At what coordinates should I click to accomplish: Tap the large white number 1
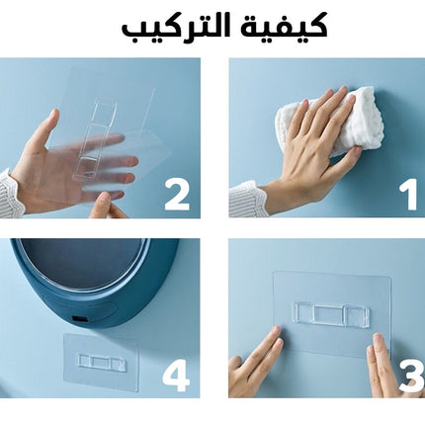point(408,195)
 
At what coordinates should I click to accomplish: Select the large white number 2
point(177,195)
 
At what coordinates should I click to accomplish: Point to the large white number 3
point(412,377)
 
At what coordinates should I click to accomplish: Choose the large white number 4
point(176,376)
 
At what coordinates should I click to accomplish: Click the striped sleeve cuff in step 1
point(248,200)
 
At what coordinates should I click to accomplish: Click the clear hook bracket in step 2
point(94,137)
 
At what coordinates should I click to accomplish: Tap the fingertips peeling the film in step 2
point(106,206)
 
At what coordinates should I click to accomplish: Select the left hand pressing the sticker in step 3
point(255,363)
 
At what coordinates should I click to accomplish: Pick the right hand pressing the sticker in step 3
point(383,366)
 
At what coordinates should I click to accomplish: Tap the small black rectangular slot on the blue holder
point(80,319)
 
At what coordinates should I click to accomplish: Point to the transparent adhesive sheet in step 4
point(100,363)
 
